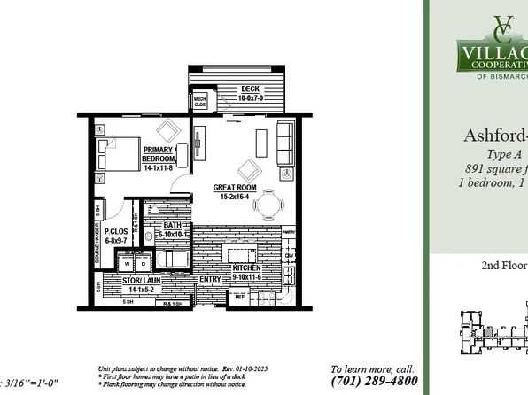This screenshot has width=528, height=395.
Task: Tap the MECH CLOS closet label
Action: click(199, 100)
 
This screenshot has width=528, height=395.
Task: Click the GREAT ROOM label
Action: click(235, 187)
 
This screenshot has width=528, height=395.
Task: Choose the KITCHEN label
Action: click(246, 267)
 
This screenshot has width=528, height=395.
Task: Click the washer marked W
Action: click(126, 264)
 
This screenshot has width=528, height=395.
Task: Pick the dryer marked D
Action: click(142, 264)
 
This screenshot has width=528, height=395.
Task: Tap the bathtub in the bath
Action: click(174, 260)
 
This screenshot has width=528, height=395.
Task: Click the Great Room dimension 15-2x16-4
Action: click(235, 197)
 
